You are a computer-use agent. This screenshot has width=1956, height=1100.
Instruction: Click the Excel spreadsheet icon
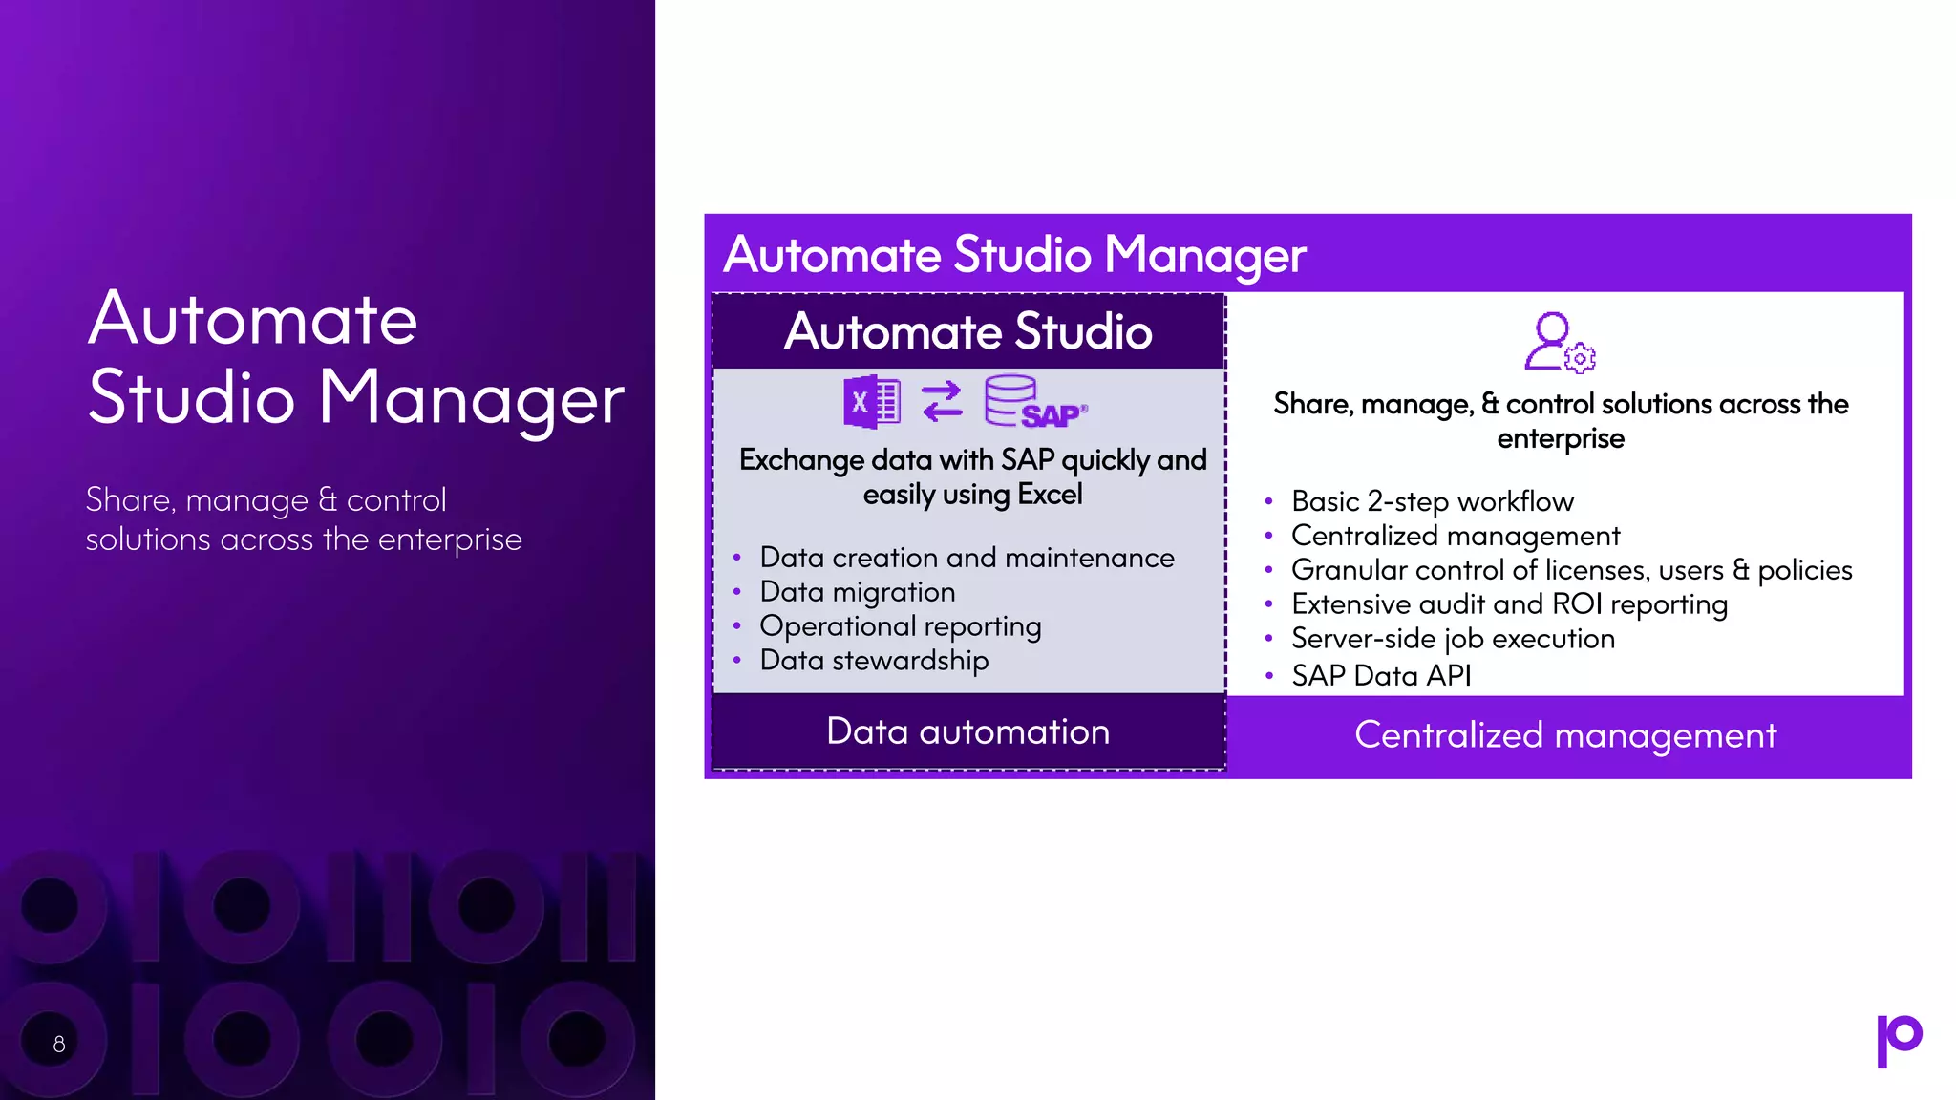(x=871, y=402)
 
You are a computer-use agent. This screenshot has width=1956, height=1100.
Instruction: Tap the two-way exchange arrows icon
(x=942, y=402)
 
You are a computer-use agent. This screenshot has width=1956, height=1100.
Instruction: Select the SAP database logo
(x=1034, y=402)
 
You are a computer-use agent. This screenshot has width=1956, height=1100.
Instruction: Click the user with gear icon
(x=1559, y=342)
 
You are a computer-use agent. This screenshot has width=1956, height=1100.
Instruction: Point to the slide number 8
(x=59, y=1044)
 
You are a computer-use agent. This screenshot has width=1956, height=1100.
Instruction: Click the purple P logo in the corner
(x=1899, y=1040)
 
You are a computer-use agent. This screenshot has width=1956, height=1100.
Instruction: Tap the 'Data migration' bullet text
(x=857, y=592)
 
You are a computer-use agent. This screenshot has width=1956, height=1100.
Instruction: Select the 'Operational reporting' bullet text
(x=900, y=626)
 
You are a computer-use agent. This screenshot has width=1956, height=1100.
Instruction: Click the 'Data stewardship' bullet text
(x=874, y=661)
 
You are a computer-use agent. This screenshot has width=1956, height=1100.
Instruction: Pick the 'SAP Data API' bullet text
(x=1380, y=676)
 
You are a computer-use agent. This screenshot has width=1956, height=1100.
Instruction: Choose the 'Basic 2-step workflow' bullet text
(x=1432, y=501)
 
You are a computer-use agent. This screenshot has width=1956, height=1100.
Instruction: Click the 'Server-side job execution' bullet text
(x=1453, y=639)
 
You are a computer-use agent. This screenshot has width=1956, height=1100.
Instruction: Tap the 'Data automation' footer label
(x=967, y=731)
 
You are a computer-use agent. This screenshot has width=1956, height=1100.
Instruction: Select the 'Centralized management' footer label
(x=1565, y=735)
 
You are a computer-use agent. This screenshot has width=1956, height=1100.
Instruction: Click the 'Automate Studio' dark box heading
(x=967, y=331)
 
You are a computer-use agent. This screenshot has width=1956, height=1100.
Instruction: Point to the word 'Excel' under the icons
(x=1050, y=495)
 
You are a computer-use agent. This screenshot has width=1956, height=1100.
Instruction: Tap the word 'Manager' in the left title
(x=471, y=398)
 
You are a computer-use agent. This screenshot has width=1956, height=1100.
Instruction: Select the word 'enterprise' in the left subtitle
(x=450, y=539)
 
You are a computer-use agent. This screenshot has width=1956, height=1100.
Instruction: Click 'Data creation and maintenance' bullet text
(x=967, y=558)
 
